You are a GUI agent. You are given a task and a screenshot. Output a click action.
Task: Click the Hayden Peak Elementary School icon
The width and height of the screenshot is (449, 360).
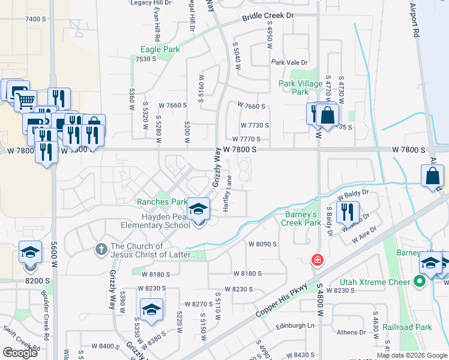(x=198, y=209)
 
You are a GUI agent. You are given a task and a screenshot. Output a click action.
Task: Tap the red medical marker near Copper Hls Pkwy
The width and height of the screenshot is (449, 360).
(x=316, y=260)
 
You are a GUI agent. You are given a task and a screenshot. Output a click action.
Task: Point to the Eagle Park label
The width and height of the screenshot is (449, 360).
(x=160, y=49)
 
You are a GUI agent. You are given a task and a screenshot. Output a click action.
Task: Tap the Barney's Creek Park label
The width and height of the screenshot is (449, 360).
(x=301, y=218)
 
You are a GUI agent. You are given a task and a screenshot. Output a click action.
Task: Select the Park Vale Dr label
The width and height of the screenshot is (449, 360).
(x=289, y=62)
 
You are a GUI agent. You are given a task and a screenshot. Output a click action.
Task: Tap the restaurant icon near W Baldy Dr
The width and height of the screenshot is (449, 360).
(x=348, y=211)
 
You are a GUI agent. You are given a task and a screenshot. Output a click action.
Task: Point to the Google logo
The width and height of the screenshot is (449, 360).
(x=20, y=352)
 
